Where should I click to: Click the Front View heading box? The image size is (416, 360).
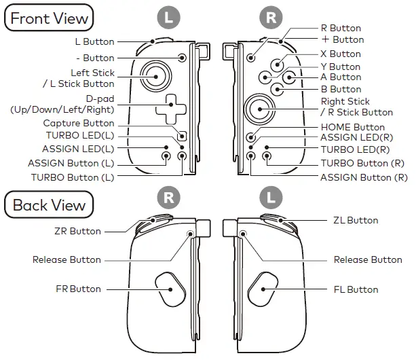50,18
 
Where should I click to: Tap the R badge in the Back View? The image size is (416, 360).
168,198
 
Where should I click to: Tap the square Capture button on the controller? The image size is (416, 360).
181,132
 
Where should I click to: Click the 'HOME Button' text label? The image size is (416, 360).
352,127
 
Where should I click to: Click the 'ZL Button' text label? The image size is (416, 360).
356,220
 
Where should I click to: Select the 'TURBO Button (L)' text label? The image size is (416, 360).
73,177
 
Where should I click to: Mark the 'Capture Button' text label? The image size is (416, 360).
79,124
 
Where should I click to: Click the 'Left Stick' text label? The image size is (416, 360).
92,73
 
